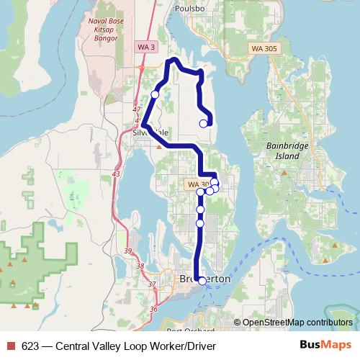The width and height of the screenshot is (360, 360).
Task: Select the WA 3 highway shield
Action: click(146, 47)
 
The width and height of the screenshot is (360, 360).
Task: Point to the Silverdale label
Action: click(150, 132)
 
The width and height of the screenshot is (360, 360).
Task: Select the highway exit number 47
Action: click(137, 109)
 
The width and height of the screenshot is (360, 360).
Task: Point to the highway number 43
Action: click(117, 174)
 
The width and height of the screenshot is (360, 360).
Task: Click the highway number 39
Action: click(128, 251)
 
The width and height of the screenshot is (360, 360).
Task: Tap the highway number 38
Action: click(140, 266)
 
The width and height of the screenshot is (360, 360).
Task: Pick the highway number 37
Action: click(151, 284)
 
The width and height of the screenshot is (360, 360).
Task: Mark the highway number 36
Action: click(153, 309)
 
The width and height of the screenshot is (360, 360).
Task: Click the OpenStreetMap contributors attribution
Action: click(297, 322)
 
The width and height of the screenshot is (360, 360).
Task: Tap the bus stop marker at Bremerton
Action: click(202, 282)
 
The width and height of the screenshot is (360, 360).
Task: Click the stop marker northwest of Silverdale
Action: click(155, 94)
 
